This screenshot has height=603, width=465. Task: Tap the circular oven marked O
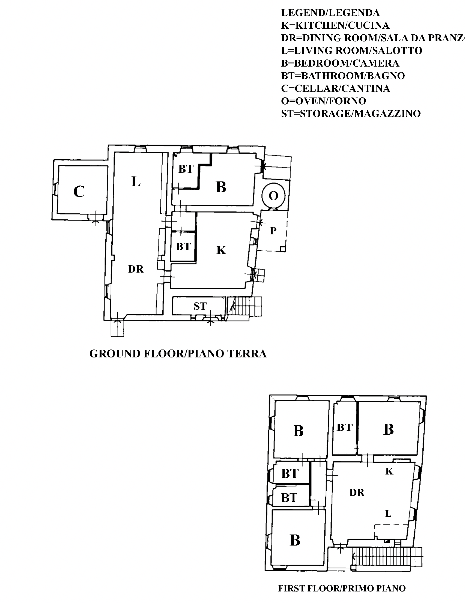click(273, 196)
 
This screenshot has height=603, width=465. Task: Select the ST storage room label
click(200, 306)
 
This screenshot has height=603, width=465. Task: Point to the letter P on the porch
click(273, 231)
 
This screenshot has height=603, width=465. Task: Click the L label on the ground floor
click(136, 182)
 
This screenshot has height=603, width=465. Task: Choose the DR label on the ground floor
click(136, 269)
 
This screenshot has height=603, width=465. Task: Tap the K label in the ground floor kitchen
click(221, 250)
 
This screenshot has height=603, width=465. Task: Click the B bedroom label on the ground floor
click(221, 187)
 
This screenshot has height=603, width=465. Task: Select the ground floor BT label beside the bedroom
click(186, 169)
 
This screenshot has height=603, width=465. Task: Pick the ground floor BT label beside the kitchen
click(183, 247)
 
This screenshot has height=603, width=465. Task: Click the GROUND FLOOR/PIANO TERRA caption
click(178, 354)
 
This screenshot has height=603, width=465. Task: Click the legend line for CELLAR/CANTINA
click(335, 88)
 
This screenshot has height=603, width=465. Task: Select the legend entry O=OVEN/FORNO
click(324, 101)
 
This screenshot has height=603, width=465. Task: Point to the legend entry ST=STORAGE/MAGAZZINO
click(351, 114)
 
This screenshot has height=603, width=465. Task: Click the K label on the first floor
click(389, 471)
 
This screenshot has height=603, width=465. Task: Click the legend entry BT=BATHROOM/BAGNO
click(343, 76)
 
